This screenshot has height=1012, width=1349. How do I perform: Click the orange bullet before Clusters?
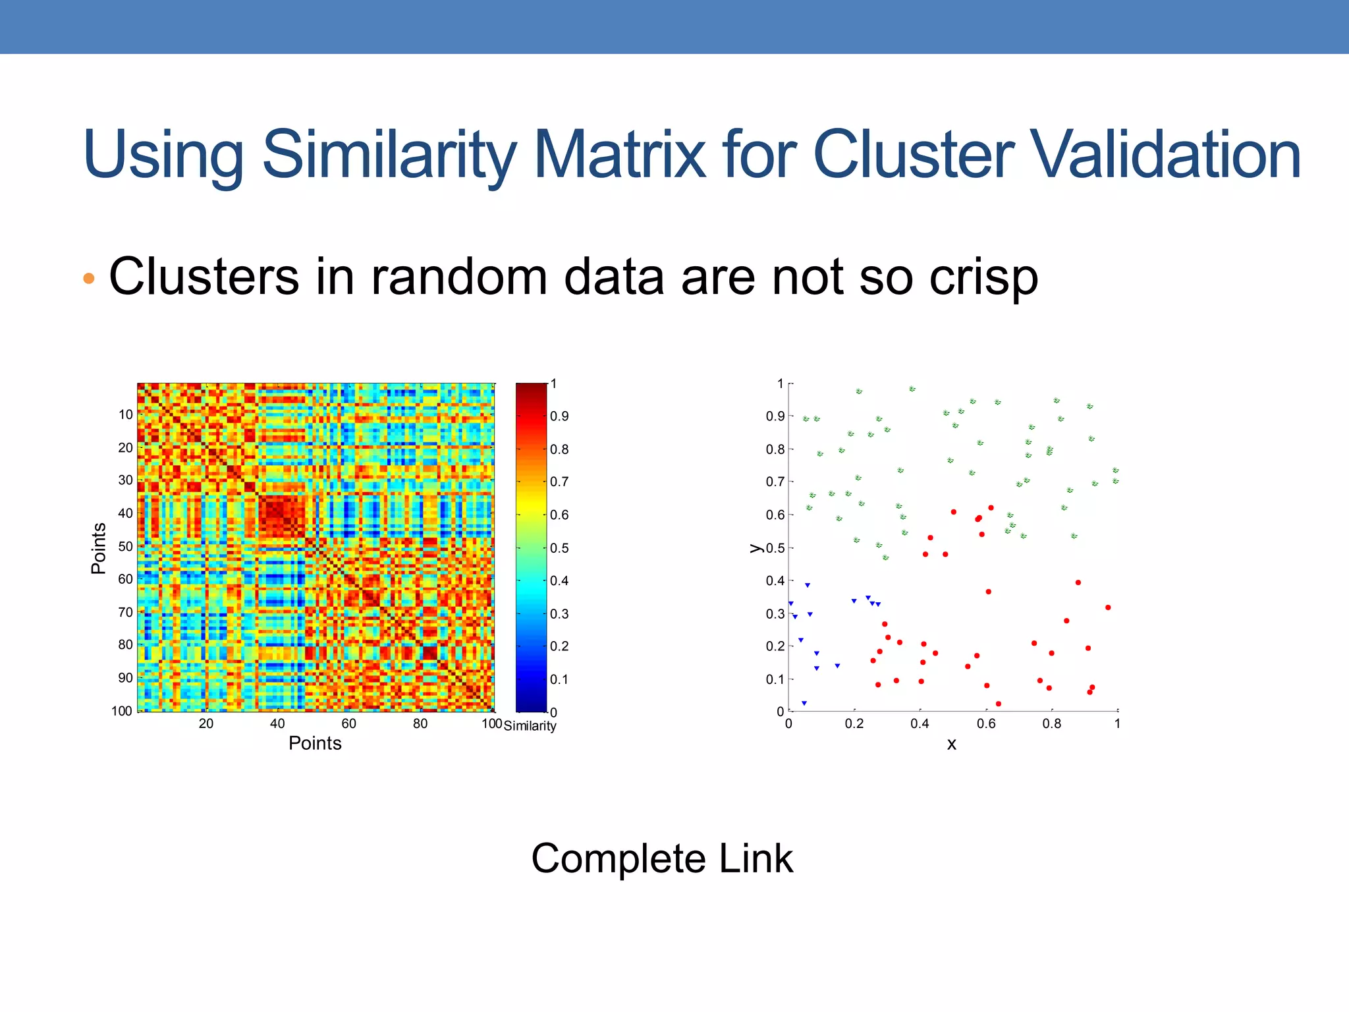point(89,279)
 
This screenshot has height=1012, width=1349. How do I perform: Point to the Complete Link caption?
point(662,858)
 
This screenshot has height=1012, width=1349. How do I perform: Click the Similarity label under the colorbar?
point(530,726)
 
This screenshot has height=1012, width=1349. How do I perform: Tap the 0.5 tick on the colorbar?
point(559,548)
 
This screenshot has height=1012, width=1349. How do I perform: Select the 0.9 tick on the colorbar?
point(559,416)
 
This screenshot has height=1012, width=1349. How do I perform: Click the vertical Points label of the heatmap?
point(99,548)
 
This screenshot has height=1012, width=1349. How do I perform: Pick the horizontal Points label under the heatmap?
point(315,743)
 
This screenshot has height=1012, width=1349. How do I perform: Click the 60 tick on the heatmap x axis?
point(348,723)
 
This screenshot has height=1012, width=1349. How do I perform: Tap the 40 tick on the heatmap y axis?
point(125,513)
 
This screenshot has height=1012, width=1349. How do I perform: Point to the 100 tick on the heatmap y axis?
point(122,711)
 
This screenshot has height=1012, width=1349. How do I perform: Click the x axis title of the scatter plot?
point(951,745)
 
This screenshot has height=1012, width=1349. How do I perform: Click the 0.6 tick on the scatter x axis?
point(986,723)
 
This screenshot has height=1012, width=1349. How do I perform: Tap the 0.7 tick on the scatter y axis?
point(775,482)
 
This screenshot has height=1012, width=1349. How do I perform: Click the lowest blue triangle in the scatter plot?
point(804,703)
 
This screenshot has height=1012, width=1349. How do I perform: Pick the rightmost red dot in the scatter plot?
point(1108,607)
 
